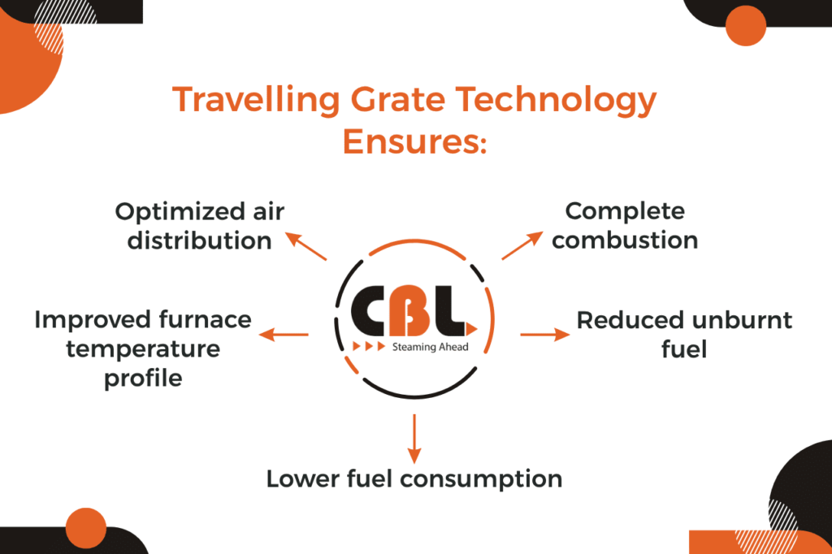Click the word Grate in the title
(418, 102)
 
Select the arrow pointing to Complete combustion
(522, 245)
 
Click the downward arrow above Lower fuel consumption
(414, 438)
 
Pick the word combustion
(625, 240)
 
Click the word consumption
(486, 478)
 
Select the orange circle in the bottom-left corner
(86, 529)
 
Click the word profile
(143, 379)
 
